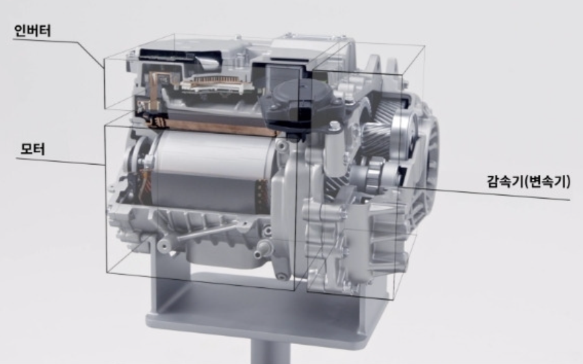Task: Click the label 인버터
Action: pos(32,31)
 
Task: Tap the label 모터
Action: pos(33,149)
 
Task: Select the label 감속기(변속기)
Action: pos(528,181)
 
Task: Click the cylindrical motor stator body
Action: pos(212,172)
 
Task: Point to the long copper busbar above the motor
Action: pos(212,127)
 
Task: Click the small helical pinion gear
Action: pos(376,134)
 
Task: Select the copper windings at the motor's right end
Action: pos(262,198)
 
